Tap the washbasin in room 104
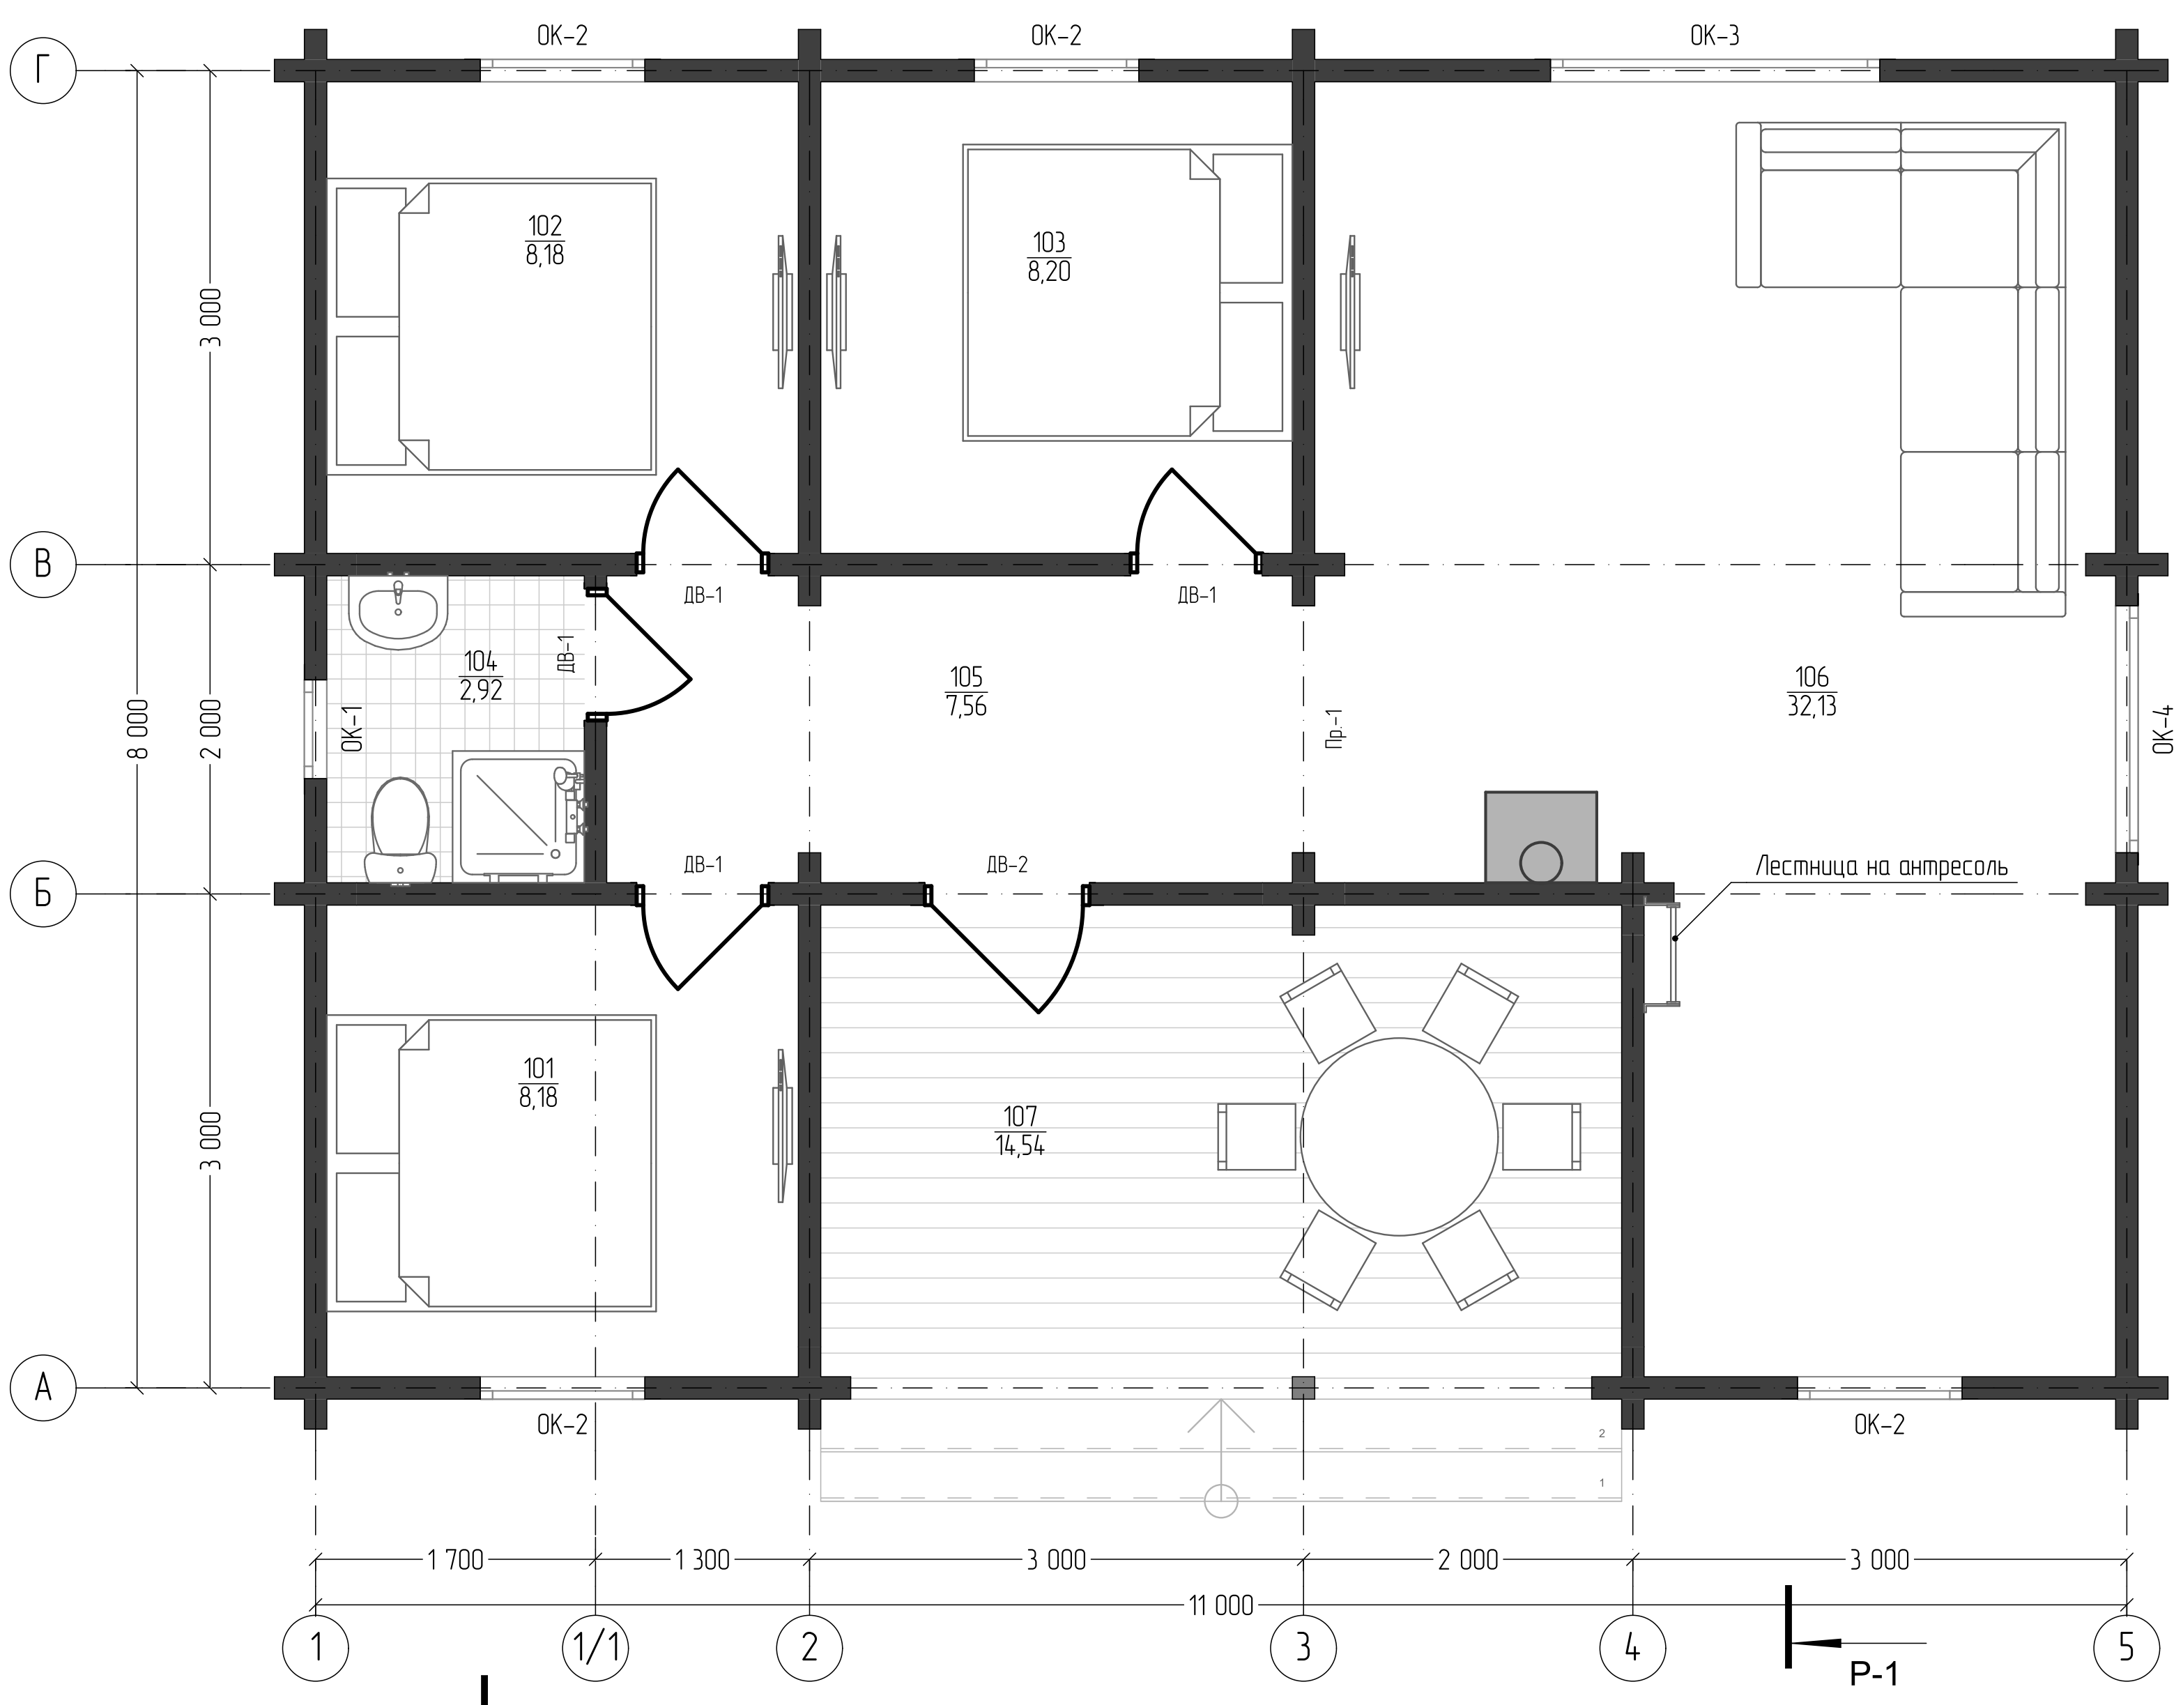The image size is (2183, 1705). [398, 611]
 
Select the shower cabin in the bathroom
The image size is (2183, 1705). [518, 818]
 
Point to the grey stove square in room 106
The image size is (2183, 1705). [1540, 837]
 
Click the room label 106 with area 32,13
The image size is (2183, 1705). [1811, 691]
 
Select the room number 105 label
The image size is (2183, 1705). [965, 678]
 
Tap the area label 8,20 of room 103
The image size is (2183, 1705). [1048, 271]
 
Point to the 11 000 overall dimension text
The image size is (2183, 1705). [1220, 1606]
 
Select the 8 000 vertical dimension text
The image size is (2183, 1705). [139, 728]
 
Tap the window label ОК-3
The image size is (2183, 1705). [1714, 36]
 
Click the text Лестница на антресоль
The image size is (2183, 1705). [1881, 866]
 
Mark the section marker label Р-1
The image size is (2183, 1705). [1873, 1673]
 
